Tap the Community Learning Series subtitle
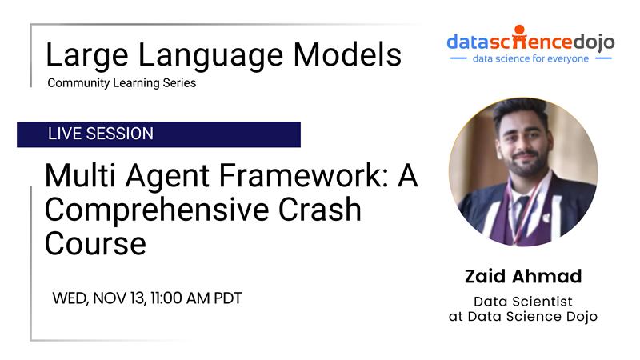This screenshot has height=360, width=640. coord(122,83)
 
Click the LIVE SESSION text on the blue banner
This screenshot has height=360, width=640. coord(101,134)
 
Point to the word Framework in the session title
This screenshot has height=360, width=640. coord(304,175)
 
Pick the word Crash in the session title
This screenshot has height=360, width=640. coord(320,210)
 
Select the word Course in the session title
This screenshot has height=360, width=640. coord(95,244)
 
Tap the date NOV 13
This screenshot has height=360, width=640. coord(119,298)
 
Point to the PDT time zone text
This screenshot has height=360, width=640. coord(228,298)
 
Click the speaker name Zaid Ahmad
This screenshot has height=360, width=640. coord(523,276)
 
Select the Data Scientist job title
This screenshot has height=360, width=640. coord(523,302)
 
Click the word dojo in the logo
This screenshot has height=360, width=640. coord(594,42)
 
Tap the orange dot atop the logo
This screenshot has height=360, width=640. coord(519,30)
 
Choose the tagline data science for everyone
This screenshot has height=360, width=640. coord(530,58)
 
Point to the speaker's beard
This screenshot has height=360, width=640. coord(526,166)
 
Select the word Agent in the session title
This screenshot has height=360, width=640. coord(167,176)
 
